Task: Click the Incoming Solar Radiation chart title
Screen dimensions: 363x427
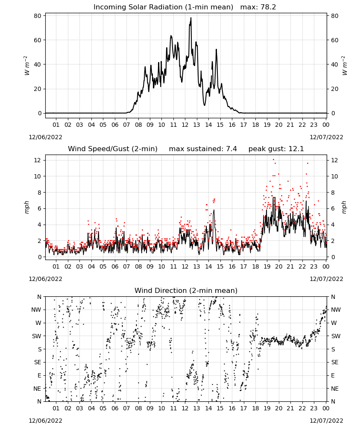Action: tap(164, 7)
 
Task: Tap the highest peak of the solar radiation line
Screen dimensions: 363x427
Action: tap(191, 18)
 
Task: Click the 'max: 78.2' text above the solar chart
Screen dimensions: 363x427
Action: tap(258, 7)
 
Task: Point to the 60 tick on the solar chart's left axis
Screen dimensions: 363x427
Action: tap(38, 40)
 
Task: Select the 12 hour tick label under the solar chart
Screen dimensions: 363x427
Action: tap(185, 125)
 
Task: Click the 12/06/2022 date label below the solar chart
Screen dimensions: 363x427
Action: tap(45, 137)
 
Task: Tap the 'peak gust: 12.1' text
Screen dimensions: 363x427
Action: tap(276, 149)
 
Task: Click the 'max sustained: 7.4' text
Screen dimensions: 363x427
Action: tap(203, 149)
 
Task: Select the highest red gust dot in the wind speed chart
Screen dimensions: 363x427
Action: tap(273, 160)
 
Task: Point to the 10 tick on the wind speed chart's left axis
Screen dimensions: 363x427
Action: tap(38, 176)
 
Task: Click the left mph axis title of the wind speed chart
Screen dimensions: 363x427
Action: tap(26, 207)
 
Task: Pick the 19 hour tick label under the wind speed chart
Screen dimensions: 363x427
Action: tap(267, 266)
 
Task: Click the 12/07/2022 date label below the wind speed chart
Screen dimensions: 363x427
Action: tap(326, 279)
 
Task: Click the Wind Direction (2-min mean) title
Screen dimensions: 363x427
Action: tap(186, 291)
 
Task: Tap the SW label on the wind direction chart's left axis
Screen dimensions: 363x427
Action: tap(37, 336)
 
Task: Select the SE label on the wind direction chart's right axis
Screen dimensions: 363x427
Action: tap(335, 362)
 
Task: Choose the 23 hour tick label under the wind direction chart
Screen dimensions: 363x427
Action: tap(314, 408)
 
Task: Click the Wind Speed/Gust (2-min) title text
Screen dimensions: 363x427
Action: tap(112, 149)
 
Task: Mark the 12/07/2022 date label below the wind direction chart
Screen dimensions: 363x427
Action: tap(326, 421)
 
